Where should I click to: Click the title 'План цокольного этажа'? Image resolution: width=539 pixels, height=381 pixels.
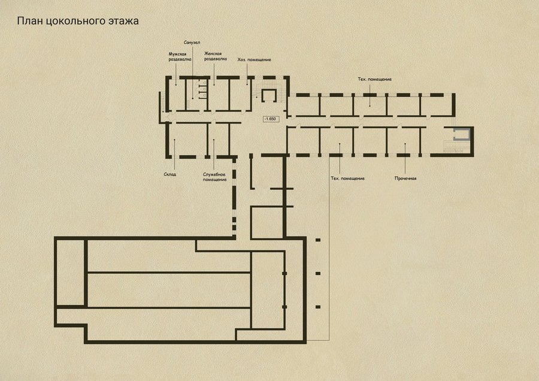point(78,21)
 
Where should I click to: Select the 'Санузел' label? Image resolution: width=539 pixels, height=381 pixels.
point(192,43)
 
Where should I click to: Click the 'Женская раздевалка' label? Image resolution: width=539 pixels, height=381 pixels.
point(216,56)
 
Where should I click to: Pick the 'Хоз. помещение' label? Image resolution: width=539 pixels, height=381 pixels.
point(254,59)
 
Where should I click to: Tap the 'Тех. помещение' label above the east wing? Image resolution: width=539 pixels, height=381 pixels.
point(375,79)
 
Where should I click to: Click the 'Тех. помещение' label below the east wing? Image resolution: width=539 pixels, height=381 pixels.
point(347,178)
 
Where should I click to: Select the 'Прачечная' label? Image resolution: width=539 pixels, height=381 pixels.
point(405,178)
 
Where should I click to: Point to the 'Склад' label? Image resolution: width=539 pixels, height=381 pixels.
point(170,174)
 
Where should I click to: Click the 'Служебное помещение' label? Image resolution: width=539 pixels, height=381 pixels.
point(214,177)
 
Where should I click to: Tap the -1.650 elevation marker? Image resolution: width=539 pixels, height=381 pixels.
point(271,119)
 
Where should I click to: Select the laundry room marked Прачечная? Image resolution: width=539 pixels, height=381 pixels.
point(404,141)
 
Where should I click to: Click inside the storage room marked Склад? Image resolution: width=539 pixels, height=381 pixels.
point(187,139)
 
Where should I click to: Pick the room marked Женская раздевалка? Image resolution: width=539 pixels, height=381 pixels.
point(218,95)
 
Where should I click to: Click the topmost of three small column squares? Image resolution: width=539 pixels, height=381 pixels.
point(318,240)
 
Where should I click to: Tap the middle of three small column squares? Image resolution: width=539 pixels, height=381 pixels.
point(318,273)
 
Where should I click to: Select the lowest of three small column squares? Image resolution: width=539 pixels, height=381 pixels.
point(318,307)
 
